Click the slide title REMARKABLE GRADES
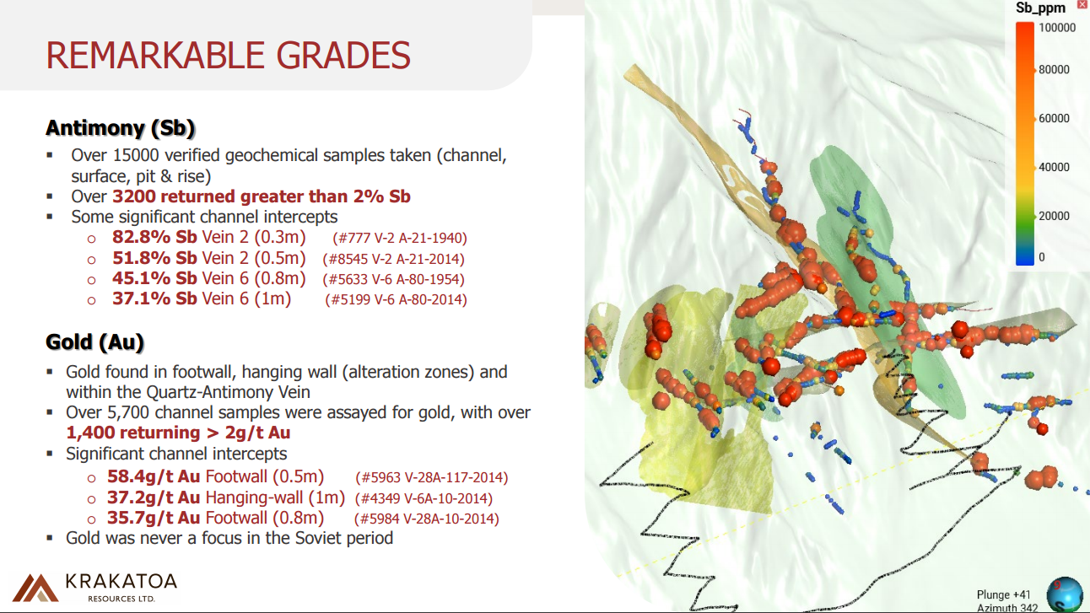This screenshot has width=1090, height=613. (x=229, y=55)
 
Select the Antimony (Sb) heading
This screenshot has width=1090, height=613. (x=120, y=128)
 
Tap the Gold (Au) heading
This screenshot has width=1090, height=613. (x=94, y=342)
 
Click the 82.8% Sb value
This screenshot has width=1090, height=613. (x=154, y=237)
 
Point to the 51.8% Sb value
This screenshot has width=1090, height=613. (x=154, y=258)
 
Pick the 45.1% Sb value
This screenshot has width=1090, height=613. (x=154, y=278)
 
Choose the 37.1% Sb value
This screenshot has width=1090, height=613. (x=154, y=298)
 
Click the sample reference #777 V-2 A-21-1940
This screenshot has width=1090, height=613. (x=400, y=238)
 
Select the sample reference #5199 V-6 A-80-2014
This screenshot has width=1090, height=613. (x=397, y=299)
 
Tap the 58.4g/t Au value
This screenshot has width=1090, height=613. (x=154, y=476)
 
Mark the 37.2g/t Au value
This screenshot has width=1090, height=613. (x=154, y=497)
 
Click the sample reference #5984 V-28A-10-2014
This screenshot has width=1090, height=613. (x=427, y=519)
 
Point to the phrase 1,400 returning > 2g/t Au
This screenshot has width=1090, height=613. (x=178, y=433)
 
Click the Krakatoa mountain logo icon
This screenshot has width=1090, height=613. (x=35, y=588)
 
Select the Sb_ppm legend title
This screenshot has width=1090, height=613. (x=1040, y=8)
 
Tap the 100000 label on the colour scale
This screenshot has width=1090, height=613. (x=1057, y=28)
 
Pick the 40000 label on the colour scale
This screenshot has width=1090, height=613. (x=1054, y=167)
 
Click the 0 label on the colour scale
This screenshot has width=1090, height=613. (x=1042, y=257)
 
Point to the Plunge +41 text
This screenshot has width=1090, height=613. (x=1003, y=595)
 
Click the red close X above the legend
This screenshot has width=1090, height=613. (x=1082, y=4)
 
